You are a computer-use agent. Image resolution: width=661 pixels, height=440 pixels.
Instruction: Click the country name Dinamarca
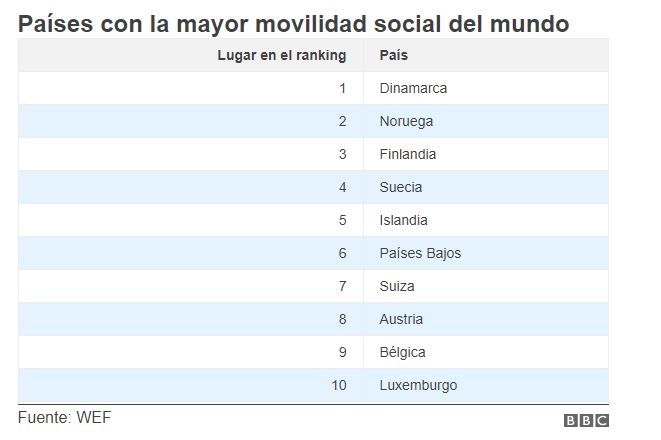[x=413, y=88]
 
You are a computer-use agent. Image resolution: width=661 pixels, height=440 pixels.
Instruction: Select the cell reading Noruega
[x=406, y=121]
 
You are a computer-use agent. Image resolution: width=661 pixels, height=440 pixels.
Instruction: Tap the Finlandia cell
[x=408, y=154]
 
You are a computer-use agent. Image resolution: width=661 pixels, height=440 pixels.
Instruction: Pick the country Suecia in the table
[x=401, y=187]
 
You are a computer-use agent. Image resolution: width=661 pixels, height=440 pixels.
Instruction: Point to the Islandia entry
[x=403, y=220]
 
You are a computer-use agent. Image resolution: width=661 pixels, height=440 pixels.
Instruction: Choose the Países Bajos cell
[x=420, y=253]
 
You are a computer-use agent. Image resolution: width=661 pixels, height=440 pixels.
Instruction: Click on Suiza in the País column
[x=397, y=286]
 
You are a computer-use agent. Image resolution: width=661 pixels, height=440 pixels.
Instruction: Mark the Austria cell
[x=401, y=319]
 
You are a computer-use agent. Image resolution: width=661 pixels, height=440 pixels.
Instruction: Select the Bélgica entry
[x=403, y=352]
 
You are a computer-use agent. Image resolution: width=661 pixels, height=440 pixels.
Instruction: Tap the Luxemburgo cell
[x=419, y=385]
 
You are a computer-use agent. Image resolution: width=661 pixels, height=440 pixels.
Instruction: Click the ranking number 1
[x=342, y=88]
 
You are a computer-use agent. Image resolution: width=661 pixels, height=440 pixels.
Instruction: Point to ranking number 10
[x=339, y=385]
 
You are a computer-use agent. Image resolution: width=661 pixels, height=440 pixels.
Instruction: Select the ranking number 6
[x=342, y=253]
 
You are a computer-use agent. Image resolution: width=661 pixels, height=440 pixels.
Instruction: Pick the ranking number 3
[x=342, y=154]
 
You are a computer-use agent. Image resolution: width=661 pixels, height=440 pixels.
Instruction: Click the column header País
[x=393, y=55]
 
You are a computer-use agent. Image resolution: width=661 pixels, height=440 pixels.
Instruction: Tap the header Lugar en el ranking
[x=282, y=55]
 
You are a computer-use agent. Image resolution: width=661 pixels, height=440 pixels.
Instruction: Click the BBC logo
[x=586, y=421]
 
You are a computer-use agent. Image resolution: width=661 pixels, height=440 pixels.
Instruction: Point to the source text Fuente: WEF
[x=64, y=417]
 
